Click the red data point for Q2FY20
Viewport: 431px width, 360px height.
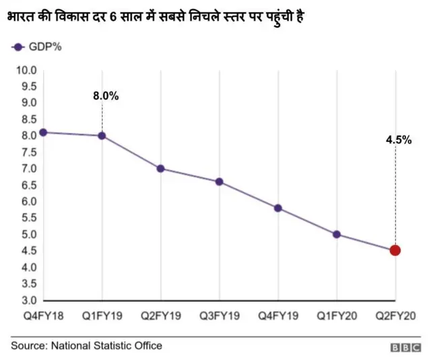[x=395, y=250]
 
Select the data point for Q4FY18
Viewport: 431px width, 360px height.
[x=43, y=132]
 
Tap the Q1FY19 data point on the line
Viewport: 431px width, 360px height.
[x=102, y=135]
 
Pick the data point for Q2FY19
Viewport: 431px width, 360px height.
[x=160, y=168]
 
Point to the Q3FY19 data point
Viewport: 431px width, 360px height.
[x=219, y=182]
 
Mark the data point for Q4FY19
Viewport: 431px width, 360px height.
[x=278, y=208]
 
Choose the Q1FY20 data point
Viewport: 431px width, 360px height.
[x=337, y=234]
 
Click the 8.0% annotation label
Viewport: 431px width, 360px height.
[x=106, y=96]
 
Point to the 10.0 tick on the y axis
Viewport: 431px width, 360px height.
[x=26, y=70]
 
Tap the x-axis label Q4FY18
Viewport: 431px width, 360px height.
[x=42, y=315]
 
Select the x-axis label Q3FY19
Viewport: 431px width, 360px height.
[x=219, y=315]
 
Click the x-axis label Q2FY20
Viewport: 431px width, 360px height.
[x=395, y=315]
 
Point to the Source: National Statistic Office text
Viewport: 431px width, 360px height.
[x=86, y=346]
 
